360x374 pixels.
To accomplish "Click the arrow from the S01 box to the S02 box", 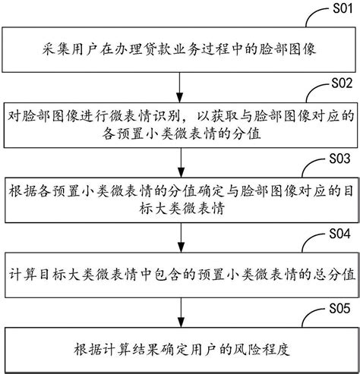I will pyautogui.click(x=180, y=85).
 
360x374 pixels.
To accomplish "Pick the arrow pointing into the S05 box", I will pyautogui.click(x=180, y=312).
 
